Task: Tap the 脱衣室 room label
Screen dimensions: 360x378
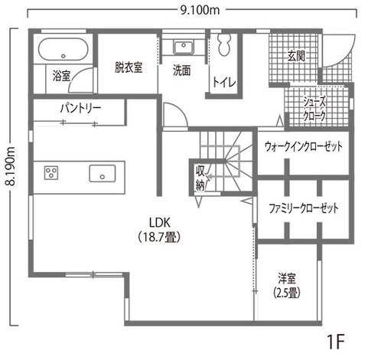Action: (x=129, y=67)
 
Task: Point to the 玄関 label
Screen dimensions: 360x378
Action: (x=296, y=56)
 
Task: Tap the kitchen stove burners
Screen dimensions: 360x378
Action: (x=52, y=172)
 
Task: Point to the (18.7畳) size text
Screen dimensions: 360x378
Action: (x=158, y=237)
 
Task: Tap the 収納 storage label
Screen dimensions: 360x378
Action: (x=200, y=177)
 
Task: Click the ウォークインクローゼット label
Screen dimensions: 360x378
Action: (x=301, y=146)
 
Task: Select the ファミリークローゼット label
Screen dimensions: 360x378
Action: (x=303, y=208)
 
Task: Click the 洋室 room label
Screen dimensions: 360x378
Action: (x=287, y=278)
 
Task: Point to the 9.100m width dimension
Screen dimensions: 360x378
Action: (x=200, y=9)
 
